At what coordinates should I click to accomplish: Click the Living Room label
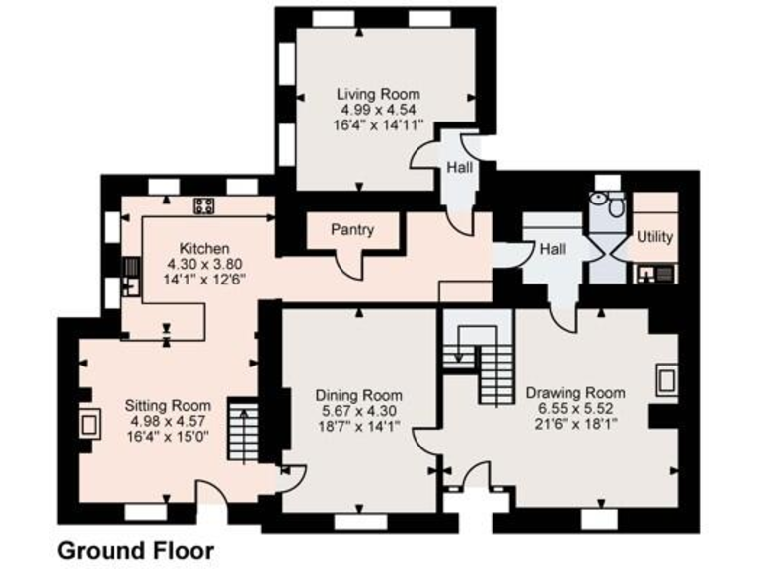(x=373, y=94)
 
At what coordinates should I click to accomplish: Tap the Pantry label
(x=352, y=230)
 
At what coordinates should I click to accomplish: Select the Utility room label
(x=654, y=237)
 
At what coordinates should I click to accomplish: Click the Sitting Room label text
(x=168, y=405)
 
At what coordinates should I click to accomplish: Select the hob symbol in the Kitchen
(x=204, y=206)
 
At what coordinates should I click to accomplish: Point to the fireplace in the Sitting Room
(x=88, y=424)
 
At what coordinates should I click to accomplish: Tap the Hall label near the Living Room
(x=459, y=168)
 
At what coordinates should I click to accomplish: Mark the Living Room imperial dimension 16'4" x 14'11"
(x=373, y=125)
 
